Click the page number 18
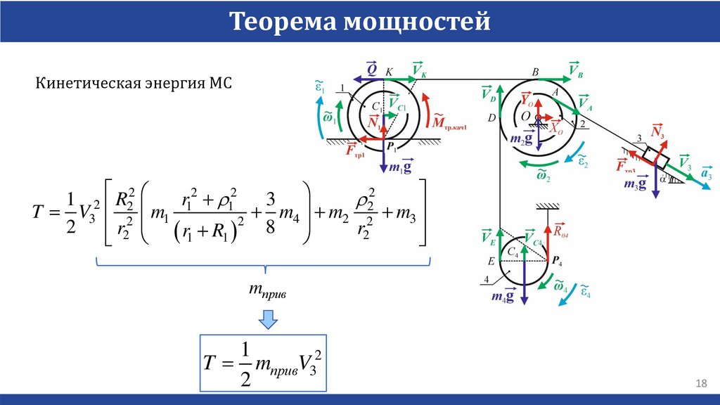click(x=700, y=383)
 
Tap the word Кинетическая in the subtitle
click(x=78, y=83)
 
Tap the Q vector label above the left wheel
click(x=371, y=69)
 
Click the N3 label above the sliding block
click(x=658, y=131)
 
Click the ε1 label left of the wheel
click(x=320, y=87)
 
